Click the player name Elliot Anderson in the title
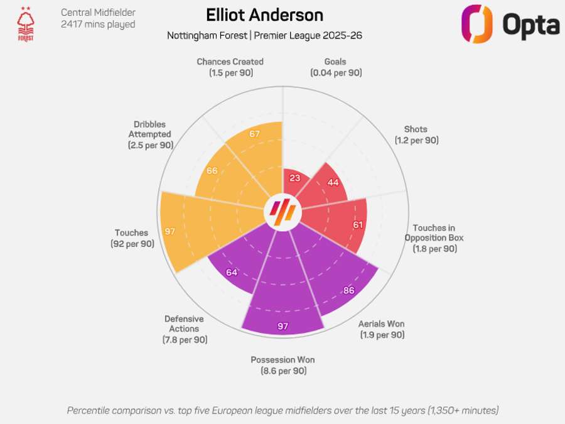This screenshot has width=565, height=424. [x=264, y=15]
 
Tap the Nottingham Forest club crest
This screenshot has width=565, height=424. [x=26, y=24]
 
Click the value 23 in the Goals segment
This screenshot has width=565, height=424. [x=294, y=178]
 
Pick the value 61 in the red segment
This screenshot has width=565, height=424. [x=358, y=224]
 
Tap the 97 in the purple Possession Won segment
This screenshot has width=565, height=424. [x=282, y=326]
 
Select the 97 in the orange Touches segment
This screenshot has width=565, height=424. [x=169, y=231]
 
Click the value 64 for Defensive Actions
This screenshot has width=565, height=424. [x=232, y=272]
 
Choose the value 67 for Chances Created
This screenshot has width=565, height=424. [x=254, y=134]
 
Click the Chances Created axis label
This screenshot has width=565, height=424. [x=230, y=62]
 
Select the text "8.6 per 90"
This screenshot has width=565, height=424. [x=282, y=371]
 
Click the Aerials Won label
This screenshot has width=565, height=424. [x=381, y=324]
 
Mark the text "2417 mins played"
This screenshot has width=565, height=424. [x=98, y=24]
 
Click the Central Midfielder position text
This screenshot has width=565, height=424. [x=98, y=13]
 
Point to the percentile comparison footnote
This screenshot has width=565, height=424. [x=282, y=410]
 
